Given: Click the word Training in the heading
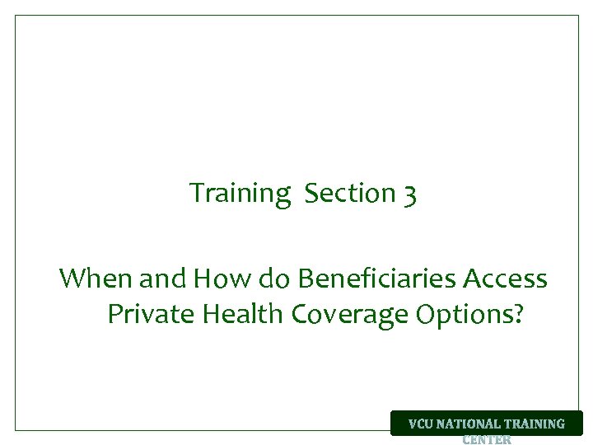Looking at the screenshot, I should pyautogui.click(x=240, y=194).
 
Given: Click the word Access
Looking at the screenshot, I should pyautogui.click(x=505, y=279).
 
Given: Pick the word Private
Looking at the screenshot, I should pyautogui.click(x=146, y=314).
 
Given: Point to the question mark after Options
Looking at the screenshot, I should pyautogui.click(x=516, y=314).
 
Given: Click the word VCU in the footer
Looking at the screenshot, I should pyautogui.click(x=421, y=424).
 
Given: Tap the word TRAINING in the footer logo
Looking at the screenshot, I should pyautogui.click(x=535, y=424).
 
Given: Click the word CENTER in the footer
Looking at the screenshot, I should pyautogui.click(x=486, y=439).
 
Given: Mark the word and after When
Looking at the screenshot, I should pyautogui.click(x=164, y=279).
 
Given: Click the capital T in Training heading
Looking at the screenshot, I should pyautogui.click(x=197, y=193).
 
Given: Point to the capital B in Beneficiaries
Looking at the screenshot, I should pyautogui.click(x=306, y=279).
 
